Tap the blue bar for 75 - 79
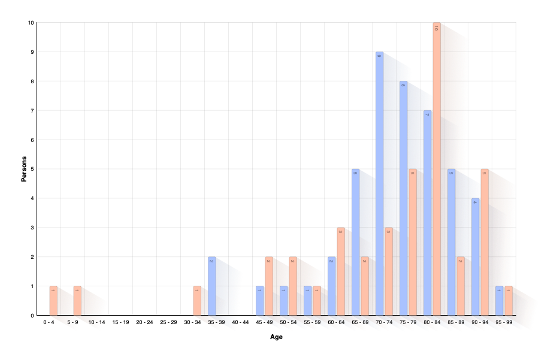[403, 198]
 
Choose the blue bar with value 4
[475, 258]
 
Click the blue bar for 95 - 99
[499, 301]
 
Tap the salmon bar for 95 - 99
[508, 301]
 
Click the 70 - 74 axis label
[384, 322]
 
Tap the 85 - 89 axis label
[456, 322]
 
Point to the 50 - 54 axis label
[288, 322]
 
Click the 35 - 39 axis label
[216, 322]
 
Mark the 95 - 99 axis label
[504, 322]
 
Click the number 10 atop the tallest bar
[436, 28]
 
